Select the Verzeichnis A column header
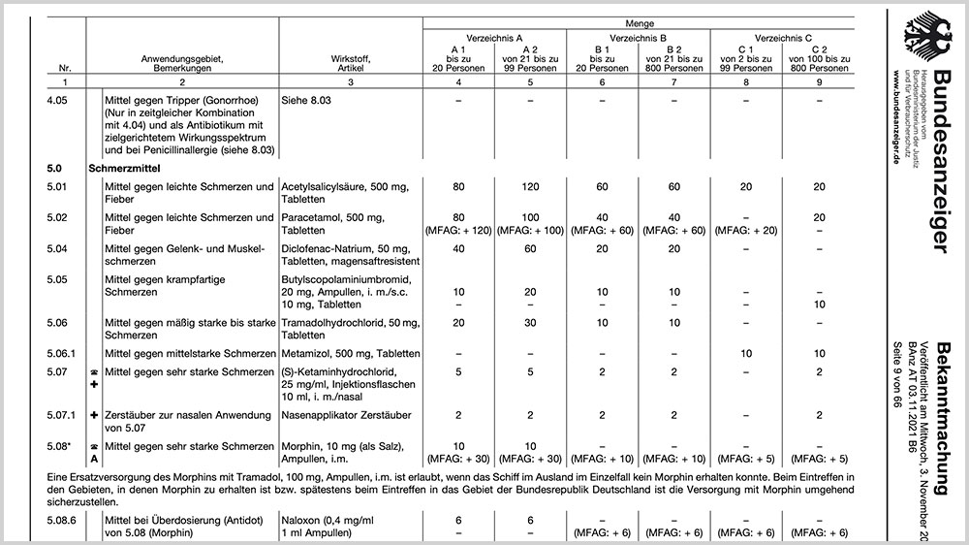494,36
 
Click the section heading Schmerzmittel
123,167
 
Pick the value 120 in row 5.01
529,186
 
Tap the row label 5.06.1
66,353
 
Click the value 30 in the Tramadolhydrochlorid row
529,323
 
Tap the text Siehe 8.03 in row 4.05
310,101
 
